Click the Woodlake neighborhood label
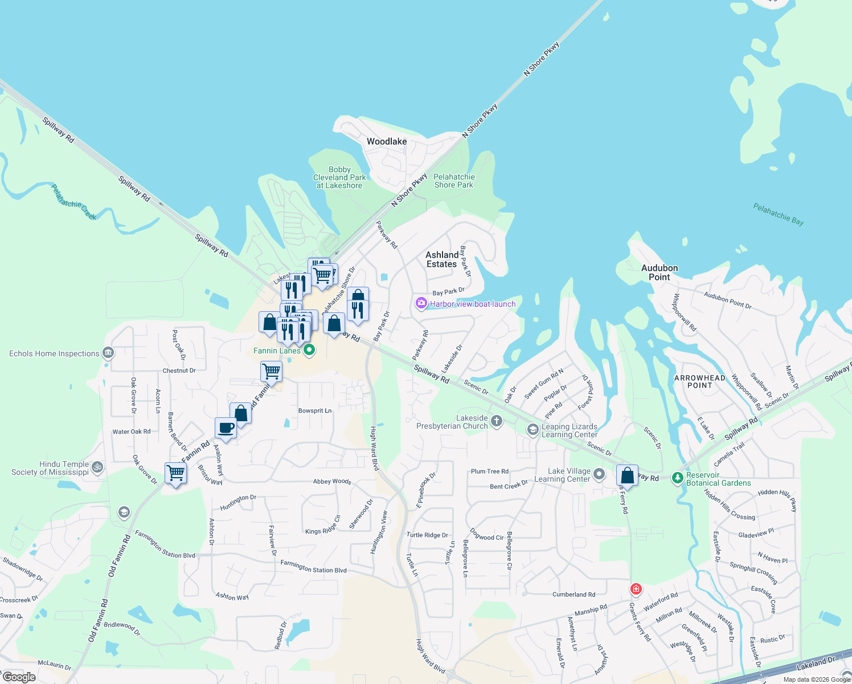(387, 141)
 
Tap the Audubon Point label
(660, 272)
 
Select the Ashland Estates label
(442, 259)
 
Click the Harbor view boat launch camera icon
(421, 303)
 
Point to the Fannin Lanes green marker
(309, 350)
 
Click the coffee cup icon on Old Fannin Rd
(226, 427)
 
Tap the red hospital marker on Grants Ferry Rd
(636, 589)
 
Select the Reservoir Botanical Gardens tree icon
(677, 478)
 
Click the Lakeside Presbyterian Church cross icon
(497, 421)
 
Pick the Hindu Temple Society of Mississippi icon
(97, 467)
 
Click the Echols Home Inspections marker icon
(108, 353)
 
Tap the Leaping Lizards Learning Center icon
(533, 430)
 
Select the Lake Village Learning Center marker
(599, 474)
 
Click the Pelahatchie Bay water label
(778, 214)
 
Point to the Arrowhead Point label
(699, 381)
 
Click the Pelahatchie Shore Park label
(454, 181)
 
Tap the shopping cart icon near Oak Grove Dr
(175, 473)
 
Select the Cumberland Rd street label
(574, 595)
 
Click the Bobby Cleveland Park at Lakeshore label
(339, 177)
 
